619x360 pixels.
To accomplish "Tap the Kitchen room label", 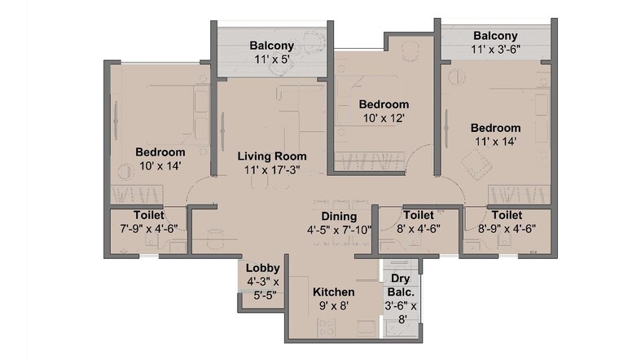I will (x=334, y=292).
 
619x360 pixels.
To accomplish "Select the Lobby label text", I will (x=264, y=268).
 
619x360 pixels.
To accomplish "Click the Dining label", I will (x=338, y=216).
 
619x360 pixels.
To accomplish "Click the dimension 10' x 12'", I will (x=384, y=118).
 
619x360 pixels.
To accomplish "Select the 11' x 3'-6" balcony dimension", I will (x=495, y=49).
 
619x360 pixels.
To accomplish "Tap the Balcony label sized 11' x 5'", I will (x=272, y=45).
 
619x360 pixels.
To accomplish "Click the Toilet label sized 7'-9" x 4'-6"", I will (x=147, y=215).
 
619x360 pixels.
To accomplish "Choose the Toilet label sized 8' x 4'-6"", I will (x=418, y=215).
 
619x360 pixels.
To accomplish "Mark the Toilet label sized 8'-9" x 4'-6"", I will (x=507, y=215).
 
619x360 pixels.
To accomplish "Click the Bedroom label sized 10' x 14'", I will (x=160, y=151).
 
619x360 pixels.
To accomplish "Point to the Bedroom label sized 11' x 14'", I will (x=495, y=128).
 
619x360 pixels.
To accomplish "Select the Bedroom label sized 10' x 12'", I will (x=384, y=104).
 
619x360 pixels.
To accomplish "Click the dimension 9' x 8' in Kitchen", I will (x=334, y=306).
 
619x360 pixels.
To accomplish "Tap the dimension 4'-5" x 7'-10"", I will (x=338, y=230).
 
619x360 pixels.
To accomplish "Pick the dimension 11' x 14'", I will (x=495, y=142).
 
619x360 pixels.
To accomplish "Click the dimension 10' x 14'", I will (x=160, y=165).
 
